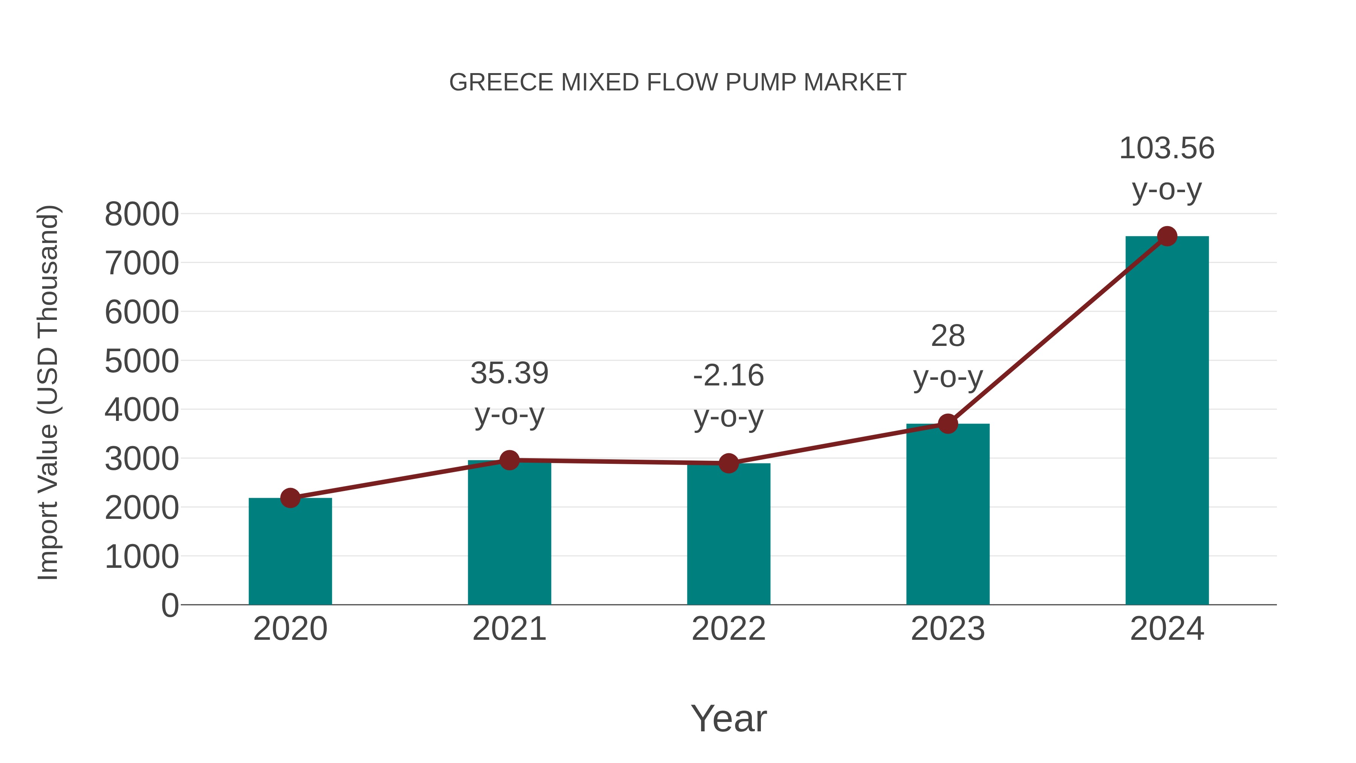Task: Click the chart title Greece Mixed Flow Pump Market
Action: pyautogui.click(x=678, y=83)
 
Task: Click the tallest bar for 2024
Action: pyautogui.click(x=1167, y=421)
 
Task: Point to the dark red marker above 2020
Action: pyautogui.click(x=290, y=498)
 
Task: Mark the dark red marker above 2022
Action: pyautogui.click(x=728, y=463)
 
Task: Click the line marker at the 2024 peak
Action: pyautogui.click(x=1167, y=236)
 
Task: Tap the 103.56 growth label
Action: pyautogui.click(x=1167, y=148)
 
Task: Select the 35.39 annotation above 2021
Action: pyautogui.click(x=509, y=373)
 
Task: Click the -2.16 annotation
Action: pyautogui.click(x=728, y=376)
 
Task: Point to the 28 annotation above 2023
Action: pyautogui.click(x=948, y=336)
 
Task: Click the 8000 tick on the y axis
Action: pyautogui.click(x=142, y=214)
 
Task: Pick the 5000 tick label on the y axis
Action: pyautogui.click(x=142, y=361)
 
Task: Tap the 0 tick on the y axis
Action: pyautogui.click(x=169, y=605)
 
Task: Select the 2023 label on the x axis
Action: pyautogui.click(x=948, y=629)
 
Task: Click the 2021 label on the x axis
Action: pyautogui.click(x=509, y=629)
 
